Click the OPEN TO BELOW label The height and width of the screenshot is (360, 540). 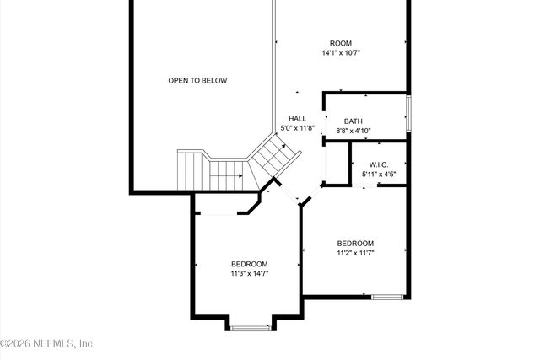[197, 81]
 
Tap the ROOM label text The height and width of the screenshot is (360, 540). [341, 43]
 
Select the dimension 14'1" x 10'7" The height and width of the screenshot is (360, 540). [341, 53]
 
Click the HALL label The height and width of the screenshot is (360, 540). [297, 118]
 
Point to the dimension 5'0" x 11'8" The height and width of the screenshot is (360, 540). [297, 128]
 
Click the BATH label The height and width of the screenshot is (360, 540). [353, 121]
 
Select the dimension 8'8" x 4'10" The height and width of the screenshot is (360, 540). [353, 131]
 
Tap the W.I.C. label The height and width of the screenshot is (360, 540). [379, 164]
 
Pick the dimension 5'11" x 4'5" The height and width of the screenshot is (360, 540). [379, 175]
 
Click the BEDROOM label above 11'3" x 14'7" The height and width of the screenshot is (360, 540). [250, 263]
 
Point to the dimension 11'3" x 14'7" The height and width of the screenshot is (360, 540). [250, 273]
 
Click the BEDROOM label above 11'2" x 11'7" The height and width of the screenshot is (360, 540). [355, 243]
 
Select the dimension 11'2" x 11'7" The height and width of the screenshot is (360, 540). [355, 252]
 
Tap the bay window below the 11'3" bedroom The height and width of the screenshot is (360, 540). [250, 327]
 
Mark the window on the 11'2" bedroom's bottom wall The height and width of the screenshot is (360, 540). [387, 297]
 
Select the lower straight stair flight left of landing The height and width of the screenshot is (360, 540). [224, 176]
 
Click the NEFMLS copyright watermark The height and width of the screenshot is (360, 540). [47, 343]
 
